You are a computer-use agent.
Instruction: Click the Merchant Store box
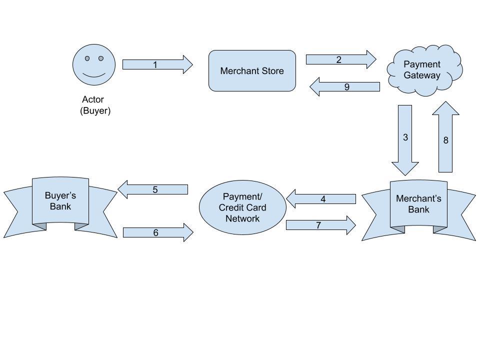coord(252,70)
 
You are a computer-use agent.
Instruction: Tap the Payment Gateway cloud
coord(424,70)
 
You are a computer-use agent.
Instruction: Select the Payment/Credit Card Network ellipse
coord(242,207)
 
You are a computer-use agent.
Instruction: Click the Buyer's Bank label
coord(60,200)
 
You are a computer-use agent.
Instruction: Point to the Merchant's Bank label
coord(418,204)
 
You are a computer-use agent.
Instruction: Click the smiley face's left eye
coord(87,58)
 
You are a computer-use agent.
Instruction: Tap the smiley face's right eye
coord(100,58)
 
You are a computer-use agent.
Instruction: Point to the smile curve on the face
coord(94,76)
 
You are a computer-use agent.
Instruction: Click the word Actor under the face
coord(93,99)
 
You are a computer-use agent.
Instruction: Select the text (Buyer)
coord(95,110)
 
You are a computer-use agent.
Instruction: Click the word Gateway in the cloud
coord(422,75)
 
